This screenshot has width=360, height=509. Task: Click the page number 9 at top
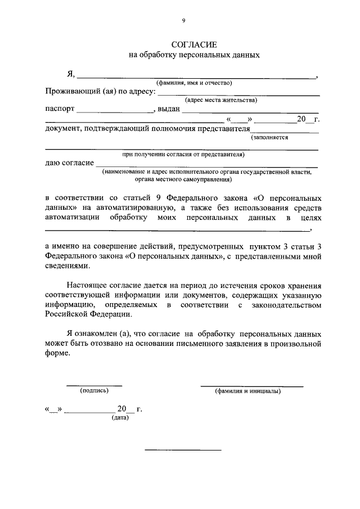(x=183, y=21)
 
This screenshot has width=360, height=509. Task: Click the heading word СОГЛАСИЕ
(x=193, y=44)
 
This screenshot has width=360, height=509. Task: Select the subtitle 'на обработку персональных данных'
(x=194, y=56)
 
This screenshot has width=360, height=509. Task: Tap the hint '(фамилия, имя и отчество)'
(x=194, y=83)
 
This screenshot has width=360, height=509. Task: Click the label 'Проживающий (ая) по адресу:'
(x=100, y=92)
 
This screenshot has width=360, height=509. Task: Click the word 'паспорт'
(x=59, y=110)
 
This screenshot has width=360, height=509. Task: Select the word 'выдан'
(x=168, y=110)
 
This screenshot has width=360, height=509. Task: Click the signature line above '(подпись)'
(x=94, y=385)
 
